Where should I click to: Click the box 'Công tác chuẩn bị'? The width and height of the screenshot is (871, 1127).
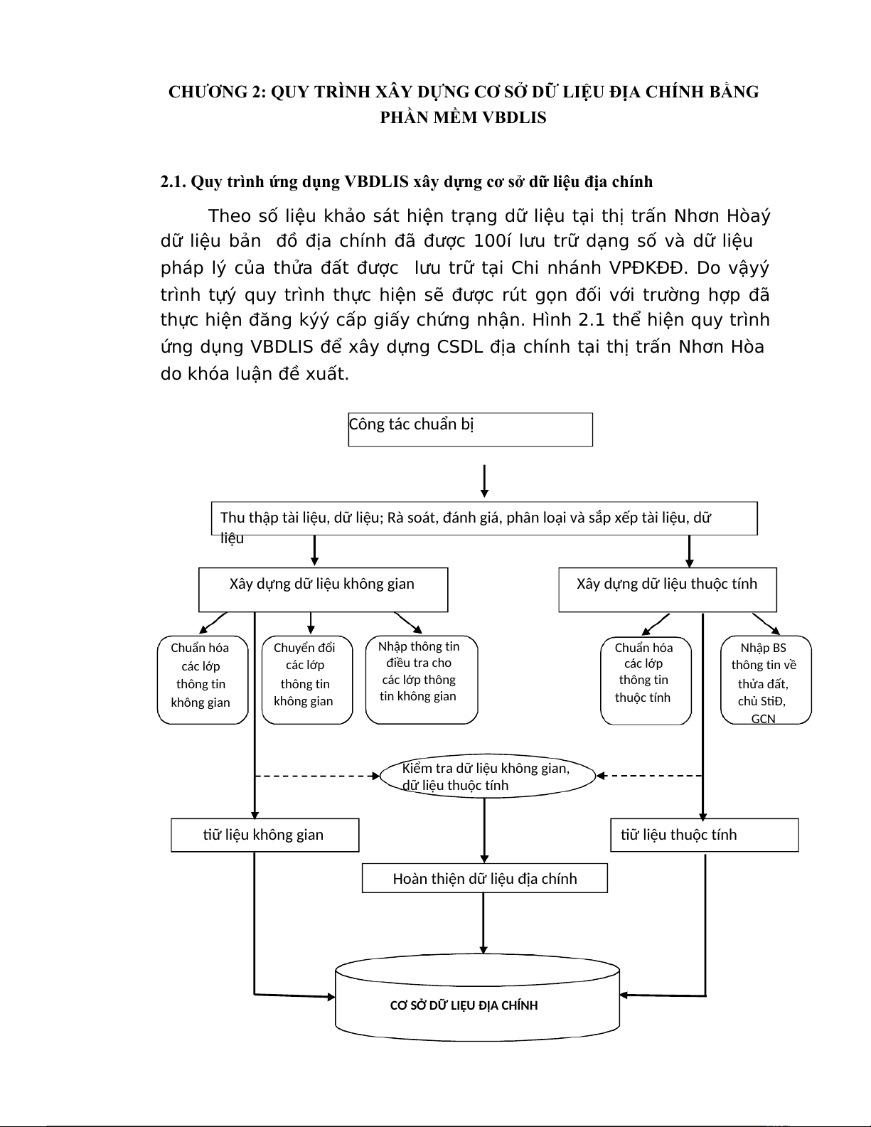click(470, 429)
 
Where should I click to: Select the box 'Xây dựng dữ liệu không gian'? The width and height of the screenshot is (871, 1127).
click(323, 589)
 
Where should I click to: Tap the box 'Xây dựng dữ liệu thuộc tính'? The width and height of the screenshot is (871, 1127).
click(667, 589)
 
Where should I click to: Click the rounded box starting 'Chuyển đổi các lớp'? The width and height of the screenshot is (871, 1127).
click(307, 680)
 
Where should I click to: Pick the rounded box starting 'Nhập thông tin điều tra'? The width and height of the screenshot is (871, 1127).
click(421, 679)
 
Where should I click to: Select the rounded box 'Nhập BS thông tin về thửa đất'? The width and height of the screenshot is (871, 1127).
click(766, 680)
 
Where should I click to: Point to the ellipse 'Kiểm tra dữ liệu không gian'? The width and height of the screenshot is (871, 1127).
click(487, 776)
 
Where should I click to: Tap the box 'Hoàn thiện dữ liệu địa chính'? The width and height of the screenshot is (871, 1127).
click(484, 878)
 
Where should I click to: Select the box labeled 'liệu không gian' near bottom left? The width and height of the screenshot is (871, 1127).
click(264, 835)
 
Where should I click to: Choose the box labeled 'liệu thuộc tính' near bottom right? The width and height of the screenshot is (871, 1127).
click(705, 835)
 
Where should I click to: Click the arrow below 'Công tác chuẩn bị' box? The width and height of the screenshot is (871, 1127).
click(484, 481)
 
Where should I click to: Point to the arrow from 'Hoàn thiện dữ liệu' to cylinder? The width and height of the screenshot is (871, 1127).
click(483, 922)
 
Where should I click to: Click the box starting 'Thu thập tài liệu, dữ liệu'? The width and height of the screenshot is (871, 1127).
click(484, 518)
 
